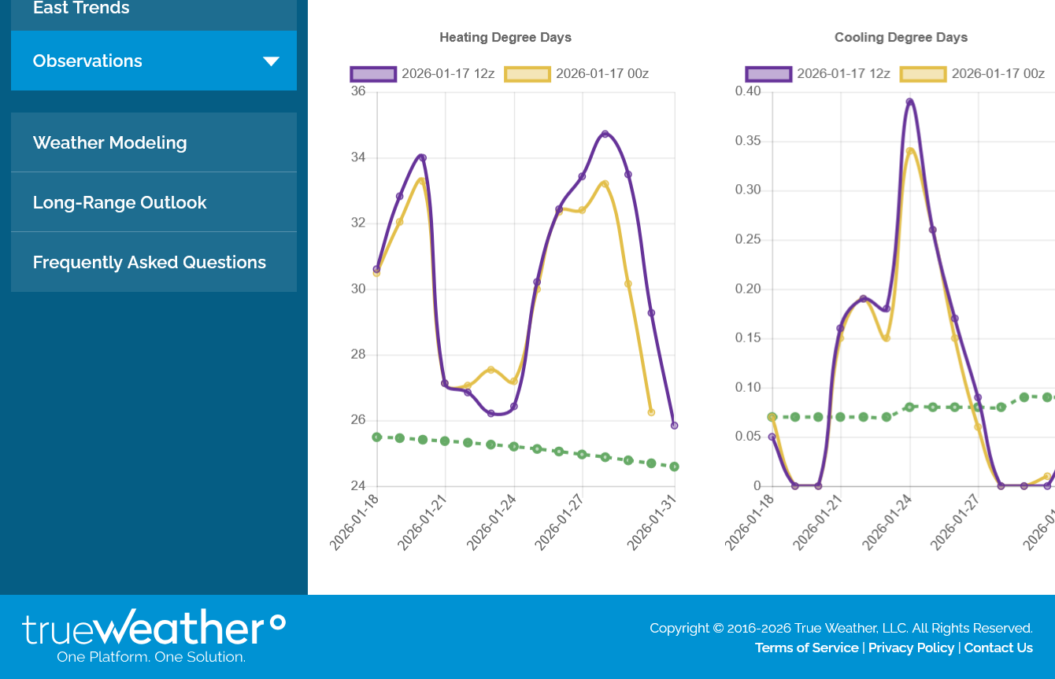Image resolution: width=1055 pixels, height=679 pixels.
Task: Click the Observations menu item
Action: [x=87, y=61]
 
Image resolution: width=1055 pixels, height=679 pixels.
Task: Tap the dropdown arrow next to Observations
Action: [x=271, y=61]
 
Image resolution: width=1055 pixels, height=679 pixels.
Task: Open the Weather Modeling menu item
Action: [x=109, y=142]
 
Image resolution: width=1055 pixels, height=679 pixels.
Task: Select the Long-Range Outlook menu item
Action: [x=120, y=202]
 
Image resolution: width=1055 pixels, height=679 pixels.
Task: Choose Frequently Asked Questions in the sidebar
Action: [x=150, y=262]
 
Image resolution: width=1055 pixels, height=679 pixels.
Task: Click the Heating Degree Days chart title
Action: [x=505, y=37]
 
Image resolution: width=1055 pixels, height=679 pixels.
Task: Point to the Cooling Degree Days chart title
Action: [x=901, y=37]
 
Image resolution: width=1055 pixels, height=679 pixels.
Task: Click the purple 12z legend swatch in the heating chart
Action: [x=373, y=74]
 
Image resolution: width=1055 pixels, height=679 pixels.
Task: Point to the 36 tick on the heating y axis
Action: [x=358, y=91]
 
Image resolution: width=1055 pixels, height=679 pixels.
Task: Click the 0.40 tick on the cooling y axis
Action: [x=748, y=91]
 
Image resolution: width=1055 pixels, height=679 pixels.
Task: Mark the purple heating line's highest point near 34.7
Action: [x=605, y=134]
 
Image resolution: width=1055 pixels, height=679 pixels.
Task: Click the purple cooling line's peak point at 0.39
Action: [x=909, y=101]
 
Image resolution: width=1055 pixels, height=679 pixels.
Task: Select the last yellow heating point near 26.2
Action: [x=651, y=412]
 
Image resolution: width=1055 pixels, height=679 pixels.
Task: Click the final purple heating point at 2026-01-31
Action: [x=674, y=426]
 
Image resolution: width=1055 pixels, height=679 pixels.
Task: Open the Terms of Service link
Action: [x=806, y=648]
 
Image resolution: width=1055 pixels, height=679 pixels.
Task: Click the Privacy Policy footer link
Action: [x=911, y=648]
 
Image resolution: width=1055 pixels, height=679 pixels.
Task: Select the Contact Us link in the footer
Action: [x=998, y=648]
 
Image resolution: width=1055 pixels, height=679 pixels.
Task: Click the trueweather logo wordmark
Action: [x=154, y=629]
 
